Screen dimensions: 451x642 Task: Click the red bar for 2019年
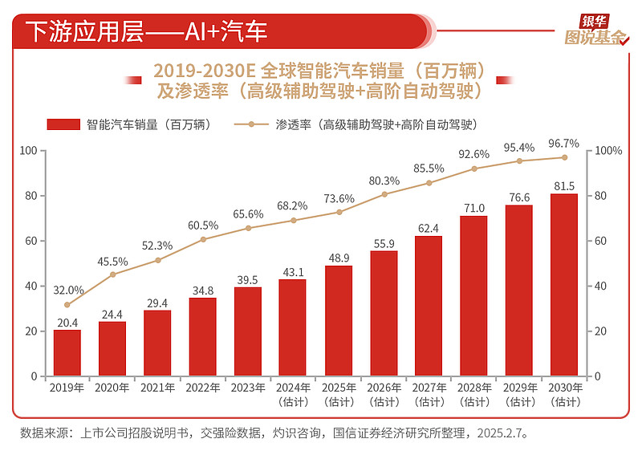point(67,353)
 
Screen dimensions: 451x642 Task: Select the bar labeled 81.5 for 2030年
point(564,285)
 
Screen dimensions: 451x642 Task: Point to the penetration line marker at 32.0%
point(67,305)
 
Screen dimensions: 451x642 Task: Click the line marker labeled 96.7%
point(564,157)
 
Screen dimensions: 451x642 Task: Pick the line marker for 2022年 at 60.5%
point(203,239)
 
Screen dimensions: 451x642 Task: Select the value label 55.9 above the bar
point(384,243)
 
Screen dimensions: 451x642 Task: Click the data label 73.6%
point(339,199)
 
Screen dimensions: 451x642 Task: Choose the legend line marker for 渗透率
point(251,125)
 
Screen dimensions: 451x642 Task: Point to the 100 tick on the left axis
point(29,151)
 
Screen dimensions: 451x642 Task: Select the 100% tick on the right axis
point(609,151)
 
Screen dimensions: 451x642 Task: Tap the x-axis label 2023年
point(248,388)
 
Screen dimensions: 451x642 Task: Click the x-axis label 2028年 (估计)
point(473,393)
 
